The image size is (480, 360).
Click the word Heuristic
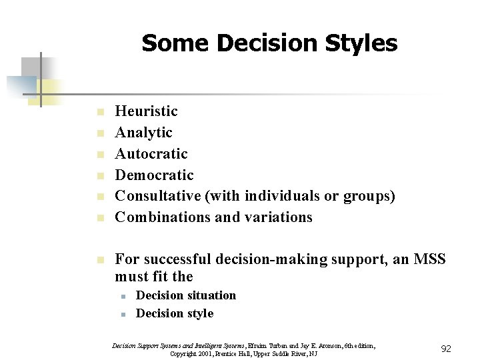pos(147,111)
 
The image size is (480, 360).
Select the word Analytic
pos(144,132)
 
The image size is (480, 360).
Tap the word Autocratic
pos(151,153)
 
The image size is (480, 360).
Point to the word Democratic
pos(155,175)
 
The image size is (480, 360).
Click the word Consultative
pos(157,196)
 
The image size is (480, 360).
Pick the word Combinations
pos(159,217)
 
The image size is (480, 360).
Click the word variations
pos(279,217)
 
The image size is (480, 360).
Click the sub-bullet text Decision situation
pos(186,295)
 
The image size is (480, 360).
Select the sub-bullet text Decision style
pos(175,313)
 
